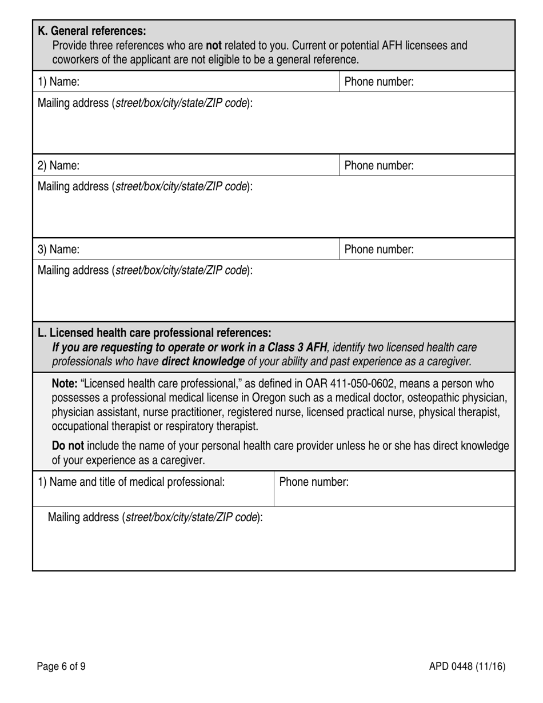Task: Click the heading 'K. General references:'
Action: pos(91,31)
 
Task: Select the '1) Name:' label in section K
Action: pos(58,82)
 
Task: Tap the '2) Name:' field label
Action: pos(58,166)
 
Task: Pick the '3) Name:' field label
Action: pos(58,250)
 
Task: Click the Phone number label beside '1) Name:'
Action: pos(378,82)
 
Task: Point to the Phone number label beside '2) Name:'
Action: pos(378,166)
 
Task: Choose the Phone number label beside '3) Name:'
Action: pos(378,250)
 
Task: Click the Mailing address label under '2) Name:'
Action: pos(145,186)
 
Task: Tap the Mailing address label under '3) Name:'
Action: pos(145,270)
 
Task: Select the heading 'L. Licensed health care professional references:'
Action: pos(154,333)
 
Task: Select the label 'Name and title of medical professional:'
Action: pos(137,482)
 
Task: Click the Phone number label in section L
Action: pos(314,482)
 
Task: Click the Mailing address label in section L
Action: pos(155,518)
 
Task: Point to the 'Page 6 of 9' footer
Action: pos(61,666)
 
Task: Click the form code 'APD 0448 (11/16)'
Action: pos(468,666)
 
